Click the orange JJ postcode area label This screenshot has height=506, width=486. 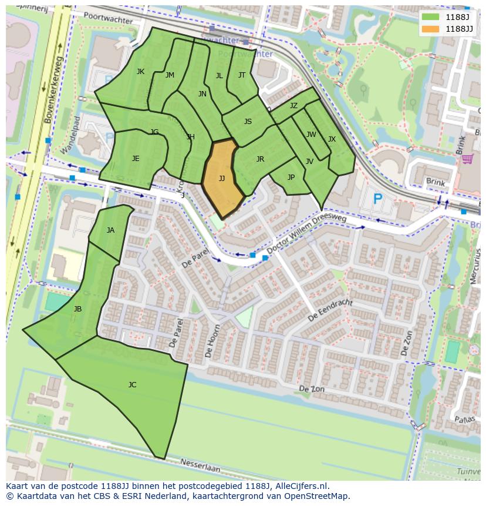[x=222, y=179]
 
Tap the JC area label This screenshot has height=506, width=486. [x=132, y=385]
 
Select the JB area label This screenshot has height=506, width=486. [x=77, y=309]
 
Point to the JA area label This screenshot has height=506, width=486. [x=110, y=230]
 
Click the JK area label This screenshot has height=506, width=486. [x=140, y=72]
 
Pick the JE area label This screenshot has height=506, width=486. [x=136, y=159]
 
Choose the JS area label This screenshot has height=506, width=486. [x=248, y=122]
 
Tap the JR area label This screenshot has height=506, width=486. [x=260, y=159]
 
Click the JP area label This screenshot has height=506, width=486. [x=291, y=177]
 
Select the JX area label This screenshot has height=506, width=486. [x=332, y=139]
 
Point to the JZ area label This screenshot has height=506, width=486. [x=293, y=106]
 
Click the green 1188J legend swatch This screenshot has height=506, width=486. [x=430, y=16]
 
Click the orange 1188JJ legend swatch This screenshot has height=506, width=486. [x=430, y=29]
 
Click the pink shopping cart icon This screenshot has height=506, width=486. [x=467, y=159]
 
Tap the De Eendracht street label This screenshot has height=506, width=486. [x=330, y=310]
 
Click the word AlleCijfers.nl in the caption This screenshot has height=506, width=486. [x=299, y=487]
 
